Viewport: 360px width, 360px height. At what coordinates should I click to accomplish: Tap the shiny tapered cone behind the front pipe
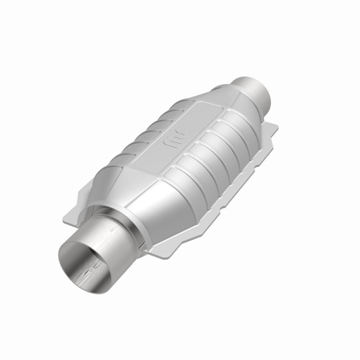click(x=155, y=209)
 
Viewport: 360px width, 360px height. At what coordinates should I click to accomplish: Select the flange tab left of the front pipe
click(x=85, y=206)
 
